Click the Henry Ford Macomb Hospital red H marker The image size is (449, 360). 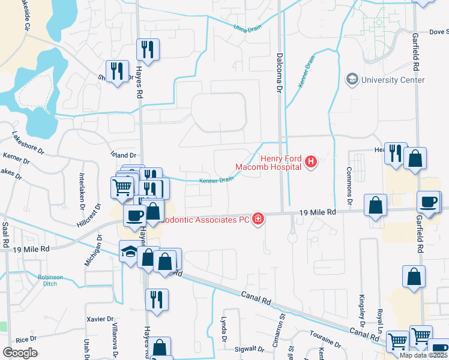311,161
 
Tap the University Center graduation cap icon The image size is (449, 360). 352,79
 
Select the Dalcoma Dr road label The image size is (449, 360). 279,73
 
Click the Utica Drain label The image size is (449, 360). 247,28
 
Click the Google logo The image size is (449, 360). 20,353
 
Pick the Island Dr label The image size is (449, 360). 124,155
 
